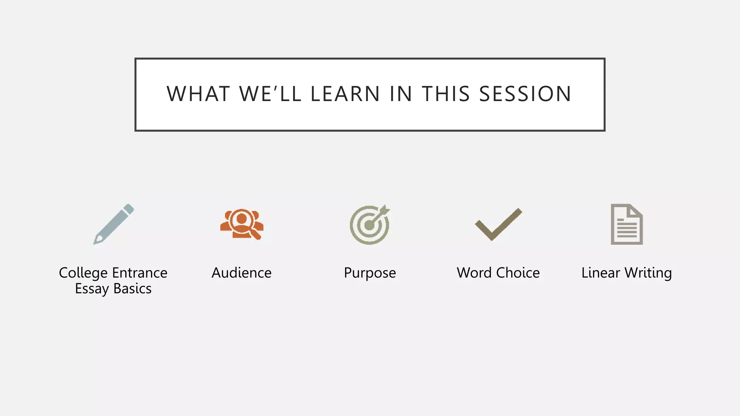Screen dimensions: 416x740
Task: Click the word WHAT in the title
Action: [x=198, y=94]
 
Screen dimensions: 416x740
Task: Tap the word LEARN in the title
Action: [x=345, y=94]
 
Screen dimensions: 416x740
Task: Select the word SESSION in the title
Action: [x=525, y=94]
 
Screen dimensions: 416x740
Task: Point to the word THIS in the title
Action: [x=446, y=94]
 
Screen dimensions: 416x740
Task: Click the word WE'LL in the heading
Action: [x=270, y=94]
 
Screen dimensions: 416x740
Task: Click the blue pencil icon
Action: [x=114, y=224]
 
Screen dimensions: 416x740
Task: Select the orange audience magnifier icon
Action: [x=242, y=224]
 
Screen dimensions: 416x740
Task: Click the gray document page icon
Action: [x=627, y=225]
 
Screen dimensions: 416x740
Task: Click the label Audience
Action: [x=241, y=273]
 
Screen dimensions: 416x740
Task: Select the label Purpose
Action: [x=370, y=273]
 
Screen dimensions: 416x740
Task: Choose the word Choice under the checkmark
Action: [x=518, y=273]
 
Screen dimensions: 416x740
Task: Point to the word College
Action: [x=83, y=273]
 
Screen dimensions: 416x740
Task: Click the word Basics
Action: [x=132, y=289]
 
